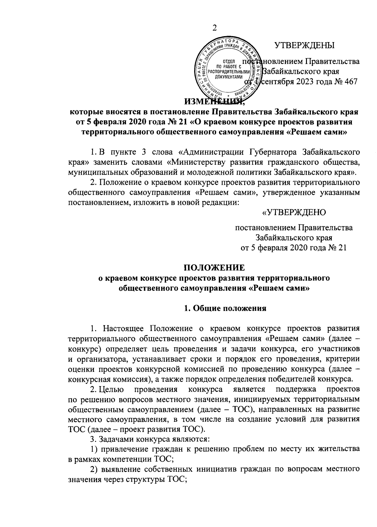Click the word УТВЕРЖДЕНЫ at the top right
click(304, 46)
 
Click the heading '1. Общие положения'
click(225, 308)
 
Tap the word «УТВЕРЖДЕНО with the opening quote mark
click(294, 213)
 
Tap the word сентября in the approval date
click(276, 81)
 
